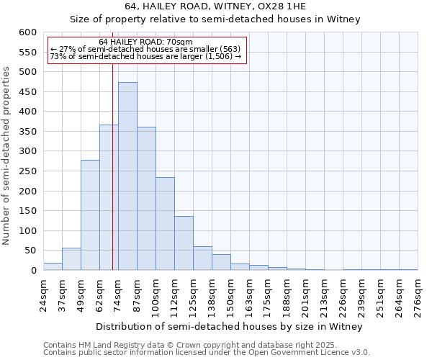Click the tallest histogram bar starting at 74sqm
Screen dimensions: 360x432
pos(127,176)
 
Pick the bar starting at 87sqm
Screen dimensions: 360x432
pos(146,199)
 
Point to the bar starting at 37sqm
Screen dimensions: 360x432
pos(71,259)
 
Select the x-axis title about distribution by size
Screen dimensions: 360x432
pos(229,326)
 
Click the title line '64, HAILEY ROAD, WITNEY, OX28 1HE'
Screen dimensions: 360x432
pos(215,6)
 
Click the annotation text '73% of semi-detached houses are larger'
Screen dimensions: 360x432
pos(146,57)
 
